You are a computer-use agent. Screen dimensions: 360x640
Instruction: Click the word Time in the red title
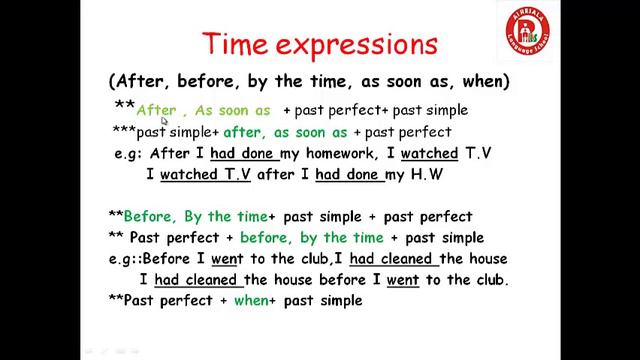pyautogui.click(x=239, y=45)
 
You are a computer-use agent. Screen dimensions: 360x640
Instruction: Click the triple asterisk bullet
pyautogui.click(x=123, y=132)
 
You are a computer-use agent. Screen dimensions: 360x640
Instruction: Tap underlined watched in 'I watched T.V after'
pyautogui.click(x=190, y=175)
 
